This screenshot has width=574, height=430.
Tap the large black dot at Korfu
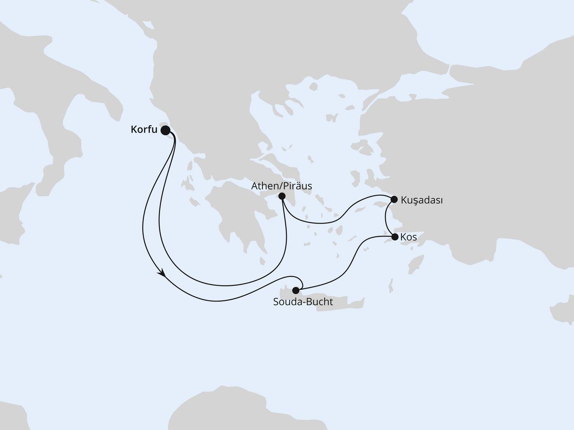(165, 130)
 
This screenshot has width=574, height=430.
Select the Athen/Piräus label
(282, 185)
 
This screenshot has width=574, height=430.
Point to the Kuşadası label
(422, 200)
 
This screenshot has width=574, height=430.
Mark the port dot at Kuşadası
(394, 199)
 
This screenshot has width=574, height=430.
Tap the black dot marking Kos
(395, 237)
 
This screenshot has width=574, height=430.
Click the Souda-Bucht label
(303, 302)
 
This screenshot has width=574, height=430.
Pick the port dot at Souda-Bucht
(296, 290)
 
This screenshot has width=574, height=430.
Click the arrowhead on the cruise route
(161, 273)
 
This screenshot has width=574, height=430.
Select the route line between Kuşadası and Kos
(387, 218)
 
